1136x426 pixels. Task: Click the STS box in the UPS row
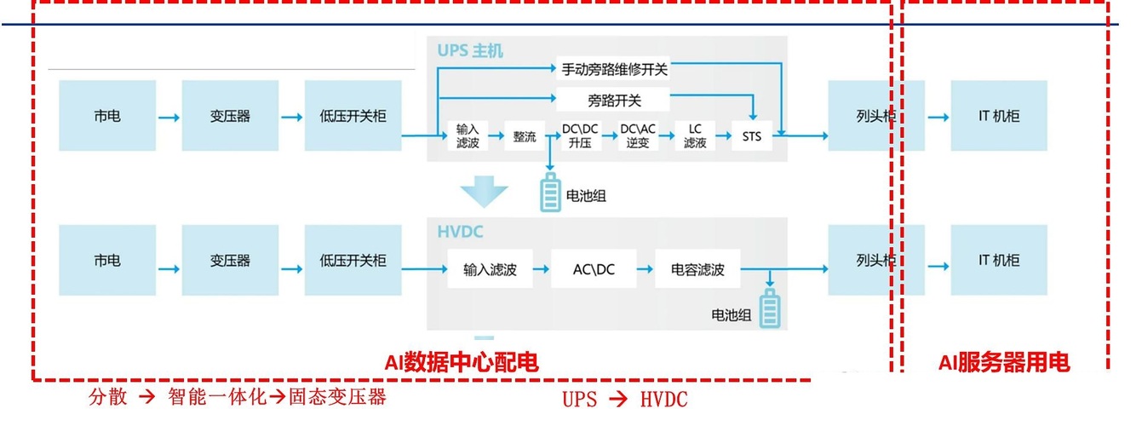pos(752,136)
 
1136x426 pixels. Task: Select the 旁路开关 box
pos(612,101)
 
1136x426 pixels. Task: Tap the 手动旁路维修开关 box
pos(612,69)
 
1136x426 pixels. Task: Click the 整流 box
pos(524,136)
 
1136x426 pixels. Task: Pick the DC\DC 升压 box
pos(581,136)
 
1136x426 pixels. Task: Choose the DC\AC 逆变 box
pos(638,136)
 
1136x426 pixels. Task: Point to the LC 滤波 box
pos(695,136)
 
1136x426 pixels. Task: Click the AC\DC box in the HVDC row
pos(594,270)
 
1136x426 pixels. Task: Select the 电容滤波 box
pos(697,270)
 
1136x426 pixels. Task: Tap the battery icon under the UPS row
pos(550,193)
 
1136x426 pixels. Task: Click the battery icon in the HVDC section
pos(770,308)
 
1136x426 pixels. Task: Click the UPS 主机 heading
pos(470,51)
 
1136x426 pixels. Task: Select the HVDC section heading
pos(460,231)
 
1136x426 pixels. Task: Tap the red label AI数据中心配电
pos(462,363)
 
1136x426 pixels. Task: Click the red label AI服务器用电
pos(1004,363)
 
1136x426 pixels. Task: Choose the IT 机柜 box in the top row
pos(999,116)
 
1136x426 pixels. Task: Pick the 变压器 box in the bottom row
pos(230,261)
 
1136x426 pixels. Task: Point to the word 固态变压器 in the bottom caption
pos(337,397)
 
